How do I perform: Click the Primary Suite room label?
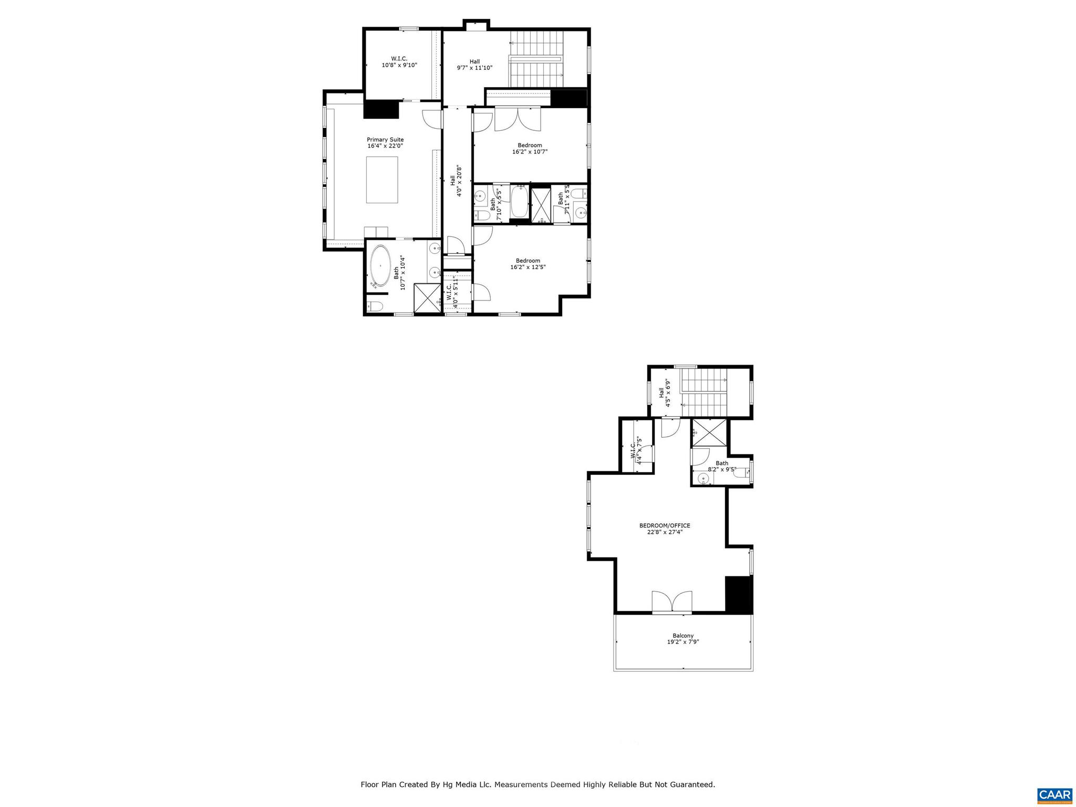tap(385, 142)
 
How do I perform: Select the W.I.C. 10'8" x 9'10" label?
tap(399, 62)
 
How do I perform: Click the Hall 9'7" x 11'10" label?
tap(474, 65)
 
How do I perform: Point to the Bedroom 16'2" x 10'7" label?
tap(530, 149)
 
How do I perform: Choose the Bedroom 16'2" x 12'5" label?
tap(528, 264)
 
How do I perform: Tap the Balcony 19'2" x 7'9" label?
tap(683, 638)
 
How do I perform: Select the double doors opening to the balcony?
tap(672, 602)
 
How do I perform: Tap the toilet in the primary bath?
tap(374, 306)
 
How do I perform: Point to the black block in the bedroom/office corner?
tap(739, 595)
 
